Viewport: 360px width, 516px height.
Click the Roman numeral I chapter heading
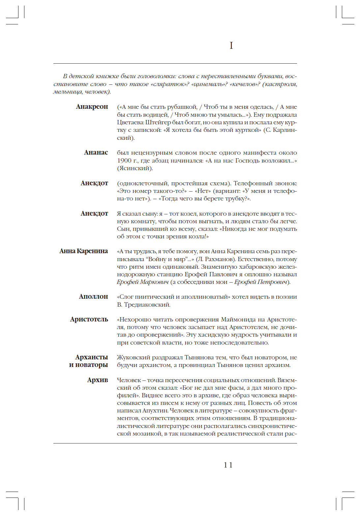pyautogui.click(x=231, y=46)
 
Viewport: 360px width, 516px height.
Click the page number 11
pyautogui.click(x=228, y=465)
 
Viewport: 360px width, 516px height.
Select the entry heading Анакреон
pyautogui.click(x=92, y=107)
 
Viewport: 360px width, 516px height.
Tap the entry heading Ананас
pyautogui.click(x=96, y=153)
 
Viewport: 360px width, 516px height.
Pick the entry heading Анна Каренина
pyautogui.click(x=84, y=251)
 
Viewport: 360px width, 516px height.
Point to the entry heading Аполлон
pyautogui.click(x=93, y=297)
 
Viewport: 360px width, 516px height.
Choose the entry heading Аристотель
pyautogui.click(x=89, y=319)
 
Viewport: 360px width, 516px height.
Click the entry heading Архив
pyautogui.click(x=98, y=380)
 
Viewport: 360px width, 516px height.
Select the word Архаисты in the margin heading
pyautogui.click(x=92, y=357)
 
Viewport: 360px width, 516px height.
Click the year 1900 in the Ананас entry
pyautogui.click(x=124, y=161)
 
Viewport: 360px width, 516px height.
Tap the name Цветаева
pyautogui.click(x=130, y=122)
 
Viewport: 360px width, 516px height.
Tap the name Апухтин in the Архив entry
pyautogui.click(x=155, y=411)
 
